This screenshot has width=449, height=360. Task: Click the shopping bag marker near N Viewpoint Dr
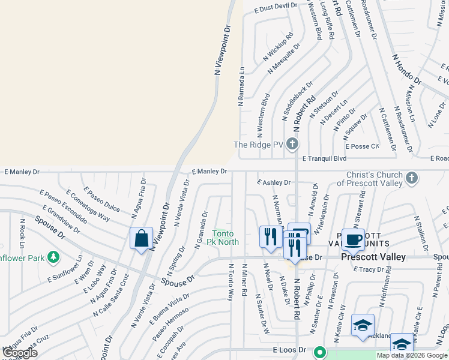pyautogui.click(x=141, y=238)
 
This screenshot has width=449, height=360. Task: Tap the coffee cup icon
pyautogui.click(x=353, y=239)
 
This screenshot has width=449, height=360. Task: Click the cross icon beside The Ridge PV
pyautogui.click(x=292, y=144)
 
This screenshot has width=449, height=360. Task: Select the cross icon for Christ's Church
pyautogui.click(x=411, y=178)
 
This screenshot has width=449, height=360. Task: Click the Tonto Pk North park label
pyautogui.click(x=226, y=238)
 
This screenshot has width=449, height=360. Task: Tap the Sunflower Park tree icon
pyautogui.click(x=53, y=257)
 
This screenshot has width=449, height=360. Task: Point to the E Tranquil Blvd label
pyautogui.click(x=325, y=158)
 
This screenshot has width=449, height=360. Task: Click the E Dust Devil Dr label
pyautogui.click(x=276, y=7)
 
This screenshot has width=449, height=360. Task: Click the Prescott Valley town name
pyautogui.click(x=373, y=257)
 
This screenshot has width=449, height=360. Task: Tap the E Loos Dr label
pyautogui.click(x=290, y=349)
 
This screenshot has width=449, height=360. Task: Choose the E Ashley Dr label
pyautogui.click(x=274, y=182)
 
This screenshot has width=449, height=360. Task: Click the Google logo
pyautogui.click(x=20, y=352)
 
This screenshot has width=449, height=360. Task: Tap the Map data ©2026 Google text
pyautogui.click(x=412, y=355)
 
